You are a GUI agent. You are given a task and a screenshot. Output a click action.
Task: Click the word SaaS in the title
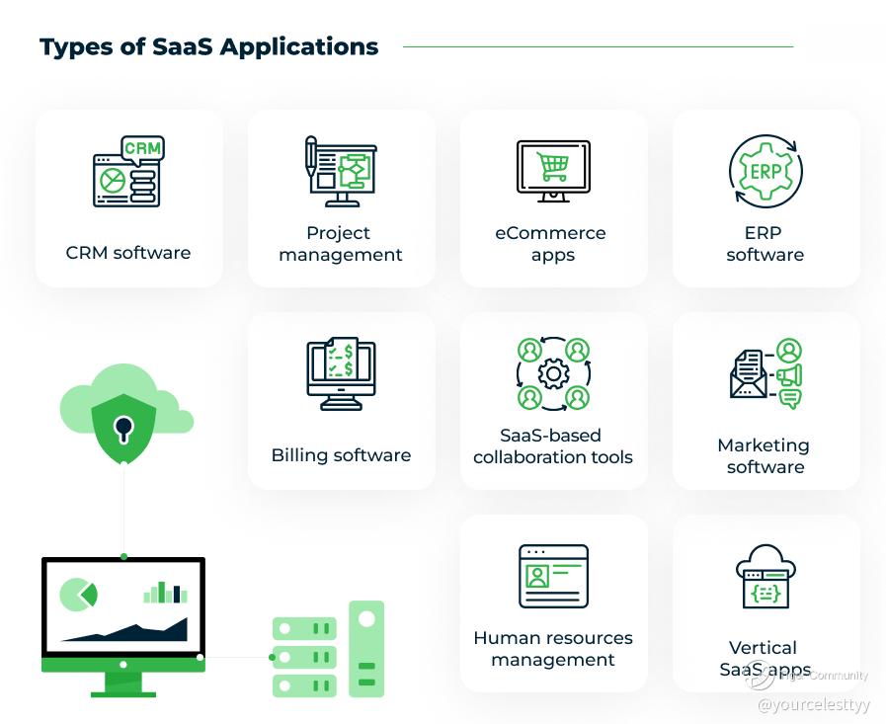click(x=183, y=46)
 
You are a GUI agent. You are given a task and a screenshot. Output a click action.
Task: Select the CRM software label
click(x=128, y=253)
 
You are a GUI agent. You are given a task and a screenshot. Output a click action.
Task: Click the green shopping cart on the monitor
click(x=552, y=166)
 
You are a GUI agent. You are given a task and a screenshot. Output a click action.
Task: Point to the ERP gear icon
click(x=765, y=171)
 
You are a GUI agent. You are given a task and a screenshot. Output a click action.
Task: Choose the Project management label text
click(x=341, y=244)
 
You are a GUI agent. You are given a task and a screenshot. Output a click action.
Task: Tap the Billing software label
click(x=342, y=455)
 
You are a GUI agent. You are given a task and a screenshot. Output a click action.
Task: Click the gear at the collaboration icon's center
click(x=553, y=373)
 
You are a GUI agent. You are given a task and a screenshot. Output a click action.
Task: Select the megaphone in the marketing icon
click(x=789, y=375)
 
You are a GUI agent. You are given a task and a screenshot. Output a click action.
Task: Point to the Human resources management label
click(x=553, y=649)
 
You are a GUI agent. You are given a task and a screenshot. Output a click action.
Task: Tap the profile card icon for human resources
click(x=553, y=576)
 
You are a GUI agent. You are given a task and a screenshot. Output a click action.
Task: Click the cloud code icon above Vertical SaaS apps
click(x=765, y=577)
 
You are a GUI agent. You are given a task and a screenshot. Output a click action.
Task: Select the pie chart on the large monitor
click(x=78, y=595)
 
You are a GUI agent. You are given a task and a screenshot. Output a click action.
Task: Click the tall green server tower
click(x=366, y=649)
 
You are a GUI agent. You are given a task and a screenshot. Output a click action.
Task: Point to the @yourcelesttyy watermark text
click(x=814, y=705)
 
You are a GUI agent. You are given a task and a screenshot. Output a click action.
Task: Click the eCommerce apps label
click(x=551, y=244)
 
